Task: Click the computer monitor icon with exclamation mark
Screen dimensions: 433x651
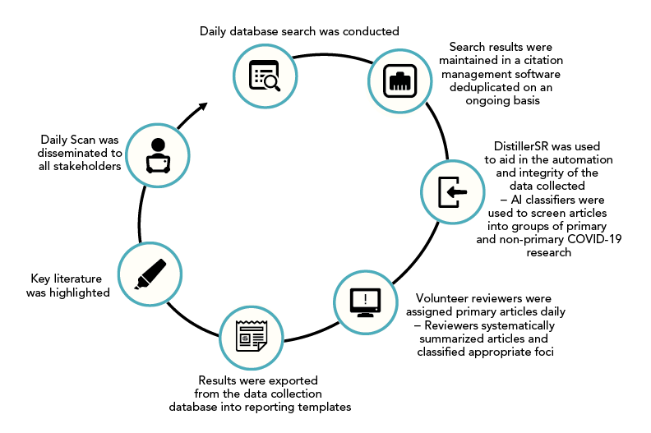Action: [x=365, y=301]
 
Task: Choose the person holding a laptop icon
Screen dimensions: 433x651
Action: [x=157, y=154]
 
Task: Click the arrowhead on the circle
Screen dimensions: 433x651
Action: [x=202, y=108]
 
